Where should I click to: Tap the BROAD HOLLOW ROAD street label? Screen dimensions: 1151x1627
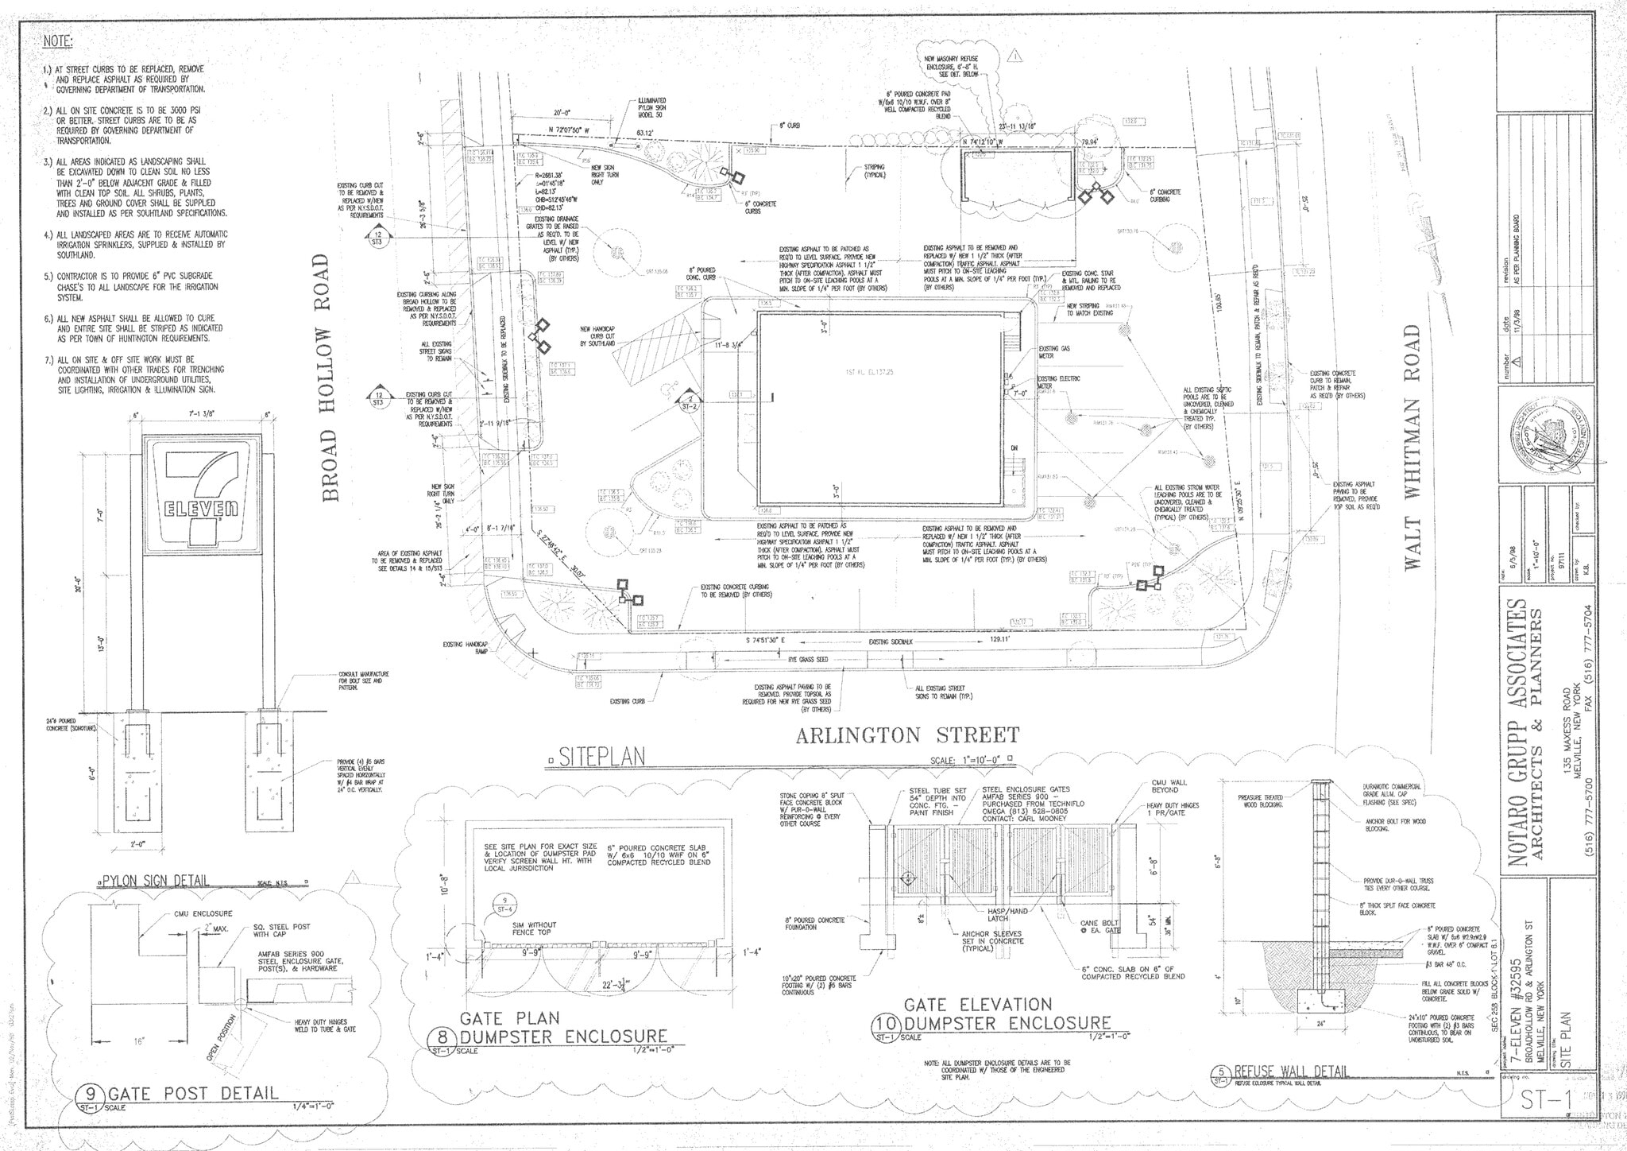pyautogui.click(x=333, y=378)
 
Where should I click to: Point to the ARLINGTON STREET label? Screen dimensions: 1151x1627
pyautogui.click(x=906, y=735)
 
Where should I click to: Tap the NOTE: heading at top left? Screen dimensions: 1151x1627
pyautogui.click(x=58, y=41)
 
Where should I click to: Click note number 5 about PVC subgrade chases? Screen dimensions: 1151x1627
pyautogui.click(x=135, y=287)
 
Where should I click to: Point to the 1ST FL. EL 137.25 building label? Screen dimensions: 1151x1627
pyautogui.click(x=869, y=372)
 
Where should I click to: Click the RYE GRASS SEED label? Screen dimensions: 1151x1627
pyautogui.click(x=809, y=660)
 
